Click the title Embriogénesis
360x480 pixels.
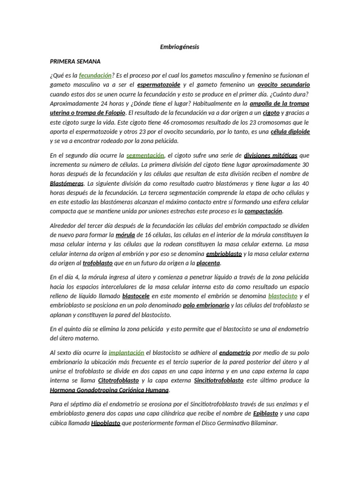[x=180, y=47]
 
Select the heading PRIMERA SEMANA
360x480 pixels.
[x=78, y=61]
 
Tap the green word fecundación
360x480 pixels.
[x=96, y=75]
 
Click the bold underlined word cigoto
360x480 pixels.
[x=271, y=112]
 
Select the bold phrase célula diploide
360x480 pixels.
[x=291, y=131]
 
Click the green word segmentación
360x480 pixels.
[x=145, y=155]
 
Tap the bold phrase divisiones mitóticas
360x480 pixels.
[x=270, y=155]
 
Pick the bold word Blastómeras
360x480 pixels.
[x=67, y=183]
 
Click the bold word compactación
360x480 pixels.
[x=264, y=211]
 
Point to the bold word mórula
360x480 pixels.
[x=126, y=234]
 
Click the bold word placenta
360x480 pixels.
[x=208, y=262]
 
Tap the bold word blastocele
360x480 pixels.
[x=137, y=296]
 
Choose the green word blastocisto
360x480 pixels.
[x=283, y=296]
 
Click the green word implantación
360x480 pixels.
[x=126, y=352]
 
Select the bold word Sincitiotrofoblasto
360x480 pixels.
[x=218, y=380]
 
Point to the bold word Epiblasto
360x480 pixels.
[x=265, y=413]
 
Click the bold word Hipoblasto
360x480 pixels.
[x=105, y=422]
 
